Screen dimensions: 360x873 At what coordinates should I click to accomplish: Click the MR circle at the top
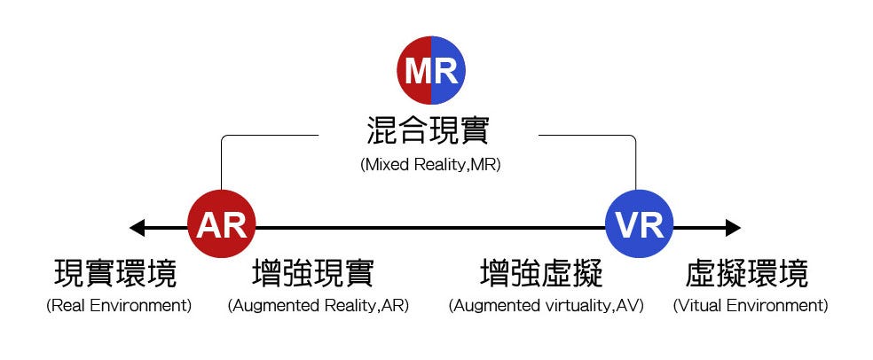click(x=430, y=70)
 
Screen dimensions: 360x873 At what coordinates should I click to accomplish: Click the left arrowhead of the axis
click(x=137, y=228)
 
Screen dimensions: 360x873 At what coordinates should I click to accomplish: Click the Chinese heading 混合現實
click(x=428, y=131)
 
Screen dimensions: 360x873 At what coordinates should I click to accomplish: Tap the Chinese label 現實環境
click(x=116, y=273)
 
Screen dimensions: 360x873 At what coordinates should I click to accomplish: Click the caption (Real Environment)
click(x=119, y=306)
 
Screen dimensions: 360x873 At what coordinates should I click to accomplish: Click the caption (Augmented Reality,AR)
click(x=319, y=306)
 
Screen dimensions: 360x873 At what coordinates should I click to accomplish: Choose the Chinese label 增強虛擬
click(x=542, y=273)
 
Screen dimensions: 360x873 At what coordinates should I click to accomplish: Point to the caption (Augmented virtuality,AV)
click(x=546, y=306)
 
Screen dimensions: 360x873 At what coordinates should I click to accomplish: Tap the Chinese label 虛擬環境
click(x=748, y=273)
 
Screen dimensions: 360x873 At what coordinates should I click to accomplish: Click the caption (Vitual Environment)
click(x=751, y=306)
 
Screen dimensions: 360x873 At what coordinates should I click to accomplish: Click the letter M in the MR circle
click(x=418, y=70)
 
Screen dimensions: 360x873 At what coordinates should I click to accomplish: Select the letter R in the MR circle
click(x=445, y=70)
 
